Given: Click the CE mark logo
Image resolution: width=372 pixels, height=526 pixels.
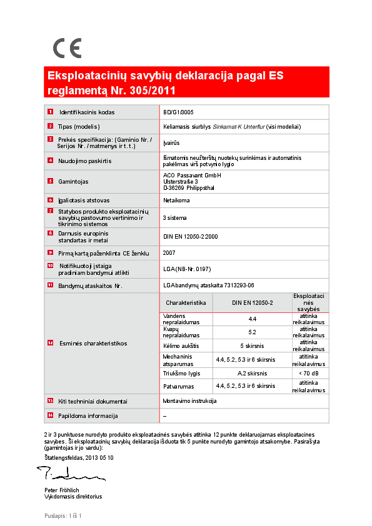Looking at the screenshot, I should (67, 48).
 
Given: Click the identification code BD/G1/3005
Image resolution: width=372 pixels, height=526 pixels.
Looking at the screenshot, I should (178, 112).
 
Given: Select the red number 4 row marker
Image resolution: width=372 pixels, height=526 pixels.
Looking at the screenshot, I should (50, 161).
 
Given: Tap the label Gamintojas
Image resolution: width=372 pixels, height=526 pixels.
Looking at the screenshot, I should (73, 182).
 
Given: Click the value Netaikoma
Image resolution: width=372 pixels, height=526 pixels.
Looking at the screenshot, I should (176, 201).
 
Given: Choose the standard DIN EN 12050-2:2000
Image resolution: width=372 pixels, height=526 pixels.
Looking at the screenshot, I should (190, 237).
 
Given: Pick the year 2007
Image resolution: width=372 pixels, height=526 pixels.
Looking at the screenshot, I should (169, 253).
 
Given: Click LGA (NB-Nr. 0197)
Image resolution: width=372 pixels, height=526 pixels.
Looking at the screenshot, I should (187, 269).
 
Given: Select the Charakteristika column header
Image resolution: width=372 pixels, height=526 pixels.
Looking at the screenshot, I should (186, 302).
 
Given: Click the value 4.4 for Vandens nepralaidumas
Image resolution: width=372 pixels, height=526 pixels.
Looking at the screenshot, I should (253, 319).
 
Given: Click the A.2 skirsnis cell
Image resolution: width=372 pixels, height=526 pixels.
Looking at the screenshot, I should (253, 373).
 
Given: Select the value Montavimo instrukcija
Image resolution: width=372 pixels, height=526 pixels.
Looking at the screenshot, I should (189, 400).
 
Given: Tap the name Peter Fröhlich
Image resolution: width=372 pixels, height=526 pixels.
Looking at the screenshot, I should (62, 490).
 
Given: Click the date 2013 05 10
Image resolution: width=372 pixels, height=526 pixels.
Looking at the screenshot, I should (96, 458).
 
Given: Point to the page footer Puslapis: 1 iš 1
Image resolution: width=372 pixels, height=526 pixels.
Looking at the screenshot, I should (63, 515).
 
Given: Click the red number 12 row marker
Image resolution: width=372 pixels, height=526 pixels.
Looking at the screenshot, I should (50, 343).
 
